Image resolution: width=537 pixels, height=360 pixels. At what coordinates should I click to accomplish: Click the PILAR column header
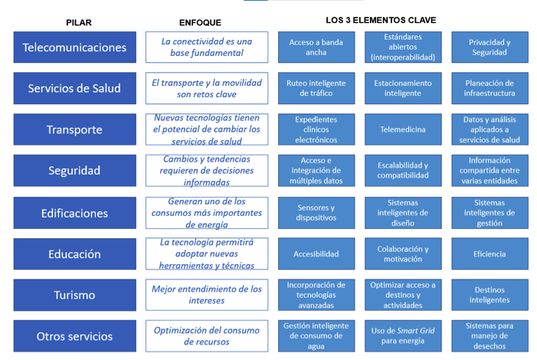(79, 23)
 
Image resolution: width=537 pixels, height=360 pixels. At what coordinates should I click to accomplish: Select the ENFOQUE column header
(200, 23)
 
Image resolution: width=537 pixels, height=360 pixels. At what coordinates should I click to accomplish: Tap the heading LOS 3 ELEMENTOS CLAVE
(381, 20)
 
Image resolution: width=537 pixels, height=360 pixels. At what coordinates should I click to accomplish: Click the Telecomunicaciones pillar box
(74, 47)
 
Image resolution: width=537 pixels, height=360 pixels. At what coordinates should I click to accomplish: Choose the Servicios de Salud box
(74, 88)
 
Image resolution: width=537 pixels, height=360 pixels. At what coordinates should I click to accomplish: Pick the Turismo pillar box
(74, 295)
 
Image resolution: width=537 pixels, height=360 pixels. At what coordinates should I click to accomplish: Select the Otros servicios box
(74, 336)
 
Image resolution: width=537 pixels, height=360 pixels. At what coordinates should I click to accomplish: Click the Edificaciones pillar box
(74, 213)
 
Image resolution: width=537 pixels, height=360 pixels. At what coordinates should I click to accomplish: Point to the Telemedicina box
(403, 129)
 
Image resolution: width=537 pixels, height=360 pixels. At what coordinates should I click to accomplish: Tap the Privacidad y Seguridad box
(490, 47)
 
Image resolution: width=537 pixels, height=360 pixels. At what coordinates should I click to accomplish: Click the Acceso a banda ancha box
(316, 47)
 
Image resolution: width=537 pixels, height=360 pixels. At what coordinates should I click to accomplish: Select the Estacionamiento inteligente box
(403, 88)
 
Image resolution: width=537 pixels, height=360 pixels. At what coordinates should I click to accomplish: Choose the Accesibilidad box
(316, 254)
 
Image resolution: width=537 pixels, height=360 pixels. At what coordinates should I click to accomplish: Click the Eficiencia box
(490, 254)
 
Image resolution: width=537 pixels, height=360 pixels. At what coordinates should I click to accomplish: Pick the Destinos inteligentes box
(490, 295)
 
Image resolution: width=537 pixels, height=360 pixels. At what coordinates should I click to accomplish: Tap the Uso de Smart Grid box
(403, 336)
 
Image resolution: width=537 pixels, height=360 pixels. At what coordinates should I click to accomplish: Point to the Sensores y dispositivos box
(316, 213)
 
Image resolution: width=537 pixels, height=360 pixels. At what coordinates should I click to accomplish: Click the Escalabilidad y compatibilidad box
(403, 171)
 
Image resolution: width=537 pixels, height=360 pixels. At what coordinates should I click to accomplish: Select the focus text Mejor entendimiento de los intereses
(207, 295)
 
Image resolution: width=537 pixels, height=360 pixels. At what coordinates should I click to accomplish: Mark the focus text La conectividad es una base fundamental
(207, 47)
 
